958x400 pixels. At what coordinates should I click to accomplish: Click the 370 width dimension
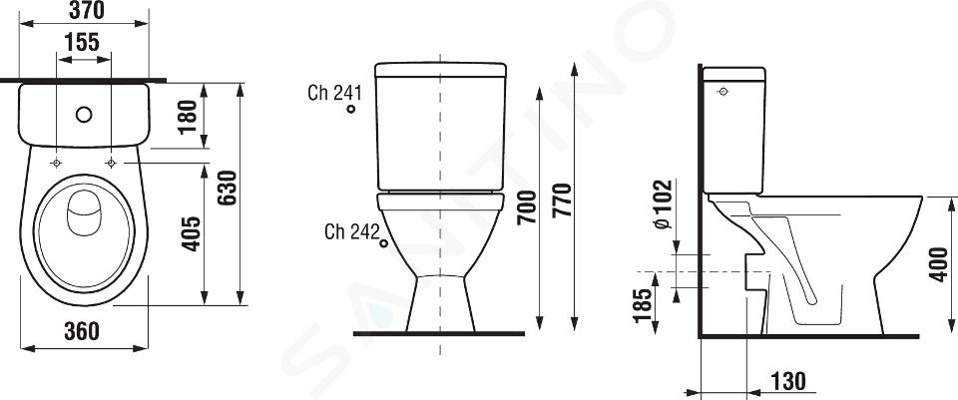click(86, 10)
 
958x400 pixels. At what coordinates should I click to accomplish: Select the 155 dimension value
click(82, 42)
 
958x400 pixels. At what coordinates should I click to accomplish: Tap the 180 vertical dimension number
click(189, 116)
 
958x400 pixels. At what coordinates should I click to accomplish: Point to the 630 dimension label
click(228, 189)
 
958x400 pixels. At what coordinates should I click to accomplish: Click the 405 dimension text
click(192, 232)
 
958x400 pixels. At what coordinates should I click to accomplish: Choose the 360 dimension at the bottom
click(82, 331)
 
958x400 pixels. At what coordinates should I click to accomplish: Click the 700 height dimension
click(527, 207)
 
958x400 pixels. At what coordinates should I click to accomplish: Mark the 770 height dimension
click(562, 200)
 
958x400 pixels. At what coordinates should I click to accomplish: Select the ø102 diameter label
click(663, 204)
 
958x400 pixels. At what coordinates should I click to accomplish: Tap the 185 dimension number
click(643, 305)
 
